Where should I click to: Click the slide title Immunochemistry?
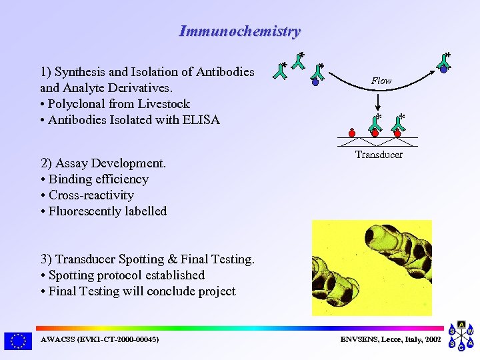click(239, 31)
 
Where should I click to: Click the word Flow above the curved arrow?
click(381, 81)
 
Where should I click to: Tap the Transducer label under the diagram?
click(379, 155)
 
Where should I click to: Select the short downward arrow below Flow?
click(379, 101)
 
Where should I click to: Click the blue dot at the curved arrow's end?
click(443, 69)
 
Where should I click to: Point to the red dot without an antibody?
click(351, 132)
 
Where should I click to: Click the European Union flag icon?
click(17, 341)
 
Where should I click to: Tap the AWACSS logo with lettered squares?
click(461, 338)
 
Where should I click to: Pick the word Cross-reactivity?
click(91, 195)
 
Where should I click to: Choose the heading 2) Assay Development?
click(103, 163)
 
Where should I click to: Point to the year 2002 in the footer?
click(432, 340)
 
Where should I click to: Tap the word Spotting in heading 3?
click(141, 259)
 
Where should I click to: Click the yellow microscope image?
click(372, 268)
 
